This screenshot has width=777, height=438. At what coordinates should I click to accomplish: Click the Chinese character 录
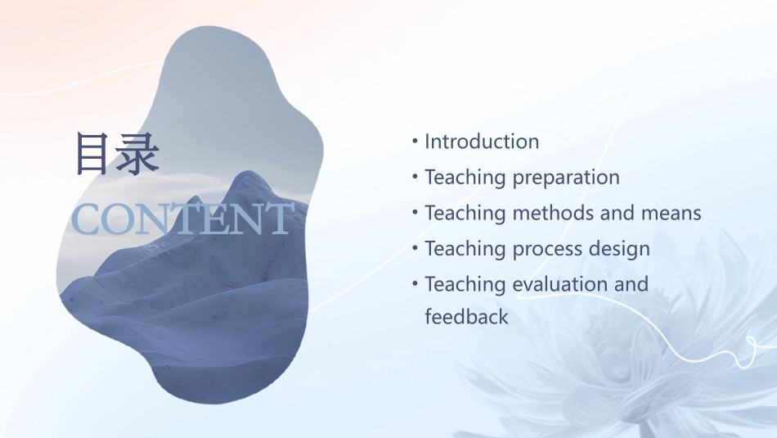coord(136,153)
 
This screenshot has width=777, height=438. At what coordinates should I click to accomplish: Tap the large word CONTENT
coord(182,219)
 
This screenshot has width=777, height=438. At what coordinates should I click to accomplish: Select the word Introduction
coord(482,142)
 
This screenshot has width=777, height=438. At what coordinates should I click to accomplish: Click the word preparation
coord(566,178)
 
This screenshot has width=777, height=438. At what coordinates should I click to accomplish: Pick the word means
coord(672,213)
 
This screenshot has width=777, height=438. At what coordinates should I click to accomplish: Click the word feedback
coord(466,316)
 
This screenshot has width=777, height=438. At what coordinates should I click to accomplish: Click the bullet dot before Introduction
coord(415,142)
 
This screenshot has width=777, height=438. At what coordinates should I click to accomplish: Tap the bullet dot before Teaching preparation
coord(415,177)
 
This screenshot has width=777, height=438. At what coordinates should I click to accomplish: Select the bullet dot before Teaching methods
coord(415,213)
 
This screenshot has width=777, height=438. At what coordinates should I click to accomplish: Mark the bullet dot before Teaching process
coord(415,248)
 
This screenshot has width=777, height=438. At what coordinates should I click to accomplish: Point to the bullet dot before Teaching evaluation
coord(415,284)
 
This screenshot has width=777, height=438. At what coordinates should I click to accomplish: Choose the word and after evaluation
coord(631,284)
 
